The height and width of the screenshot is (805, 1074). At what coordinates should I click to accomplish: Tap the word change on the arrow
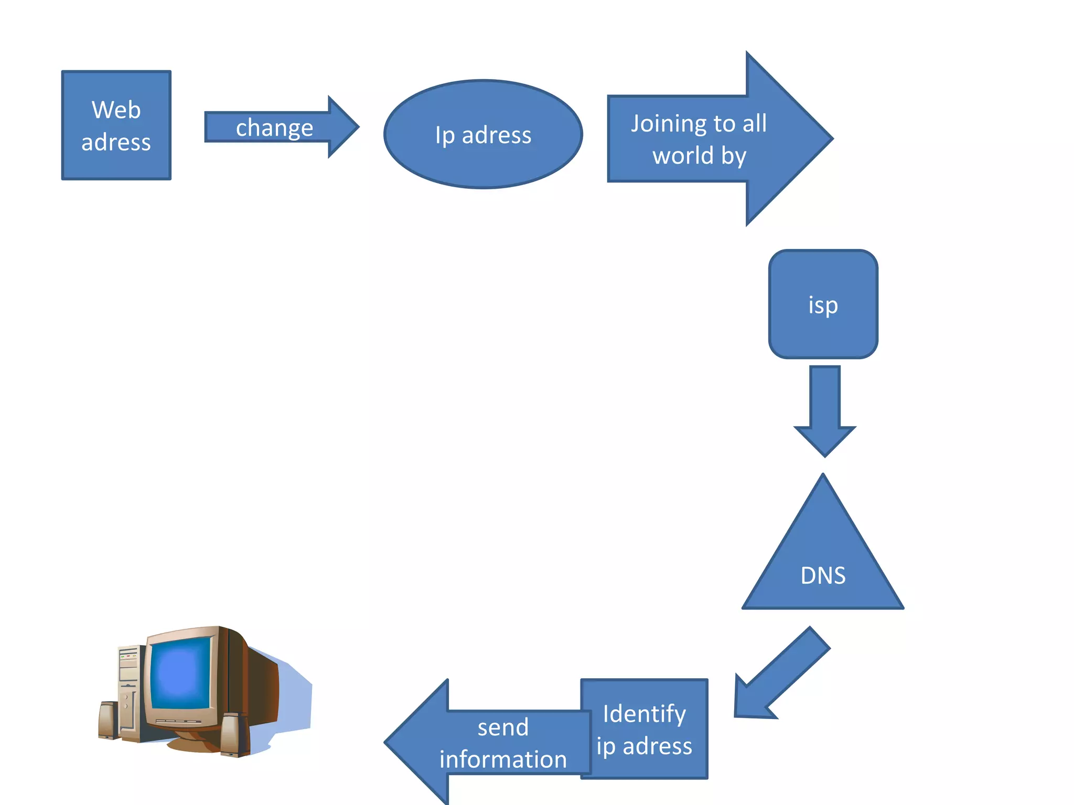click(274, 127)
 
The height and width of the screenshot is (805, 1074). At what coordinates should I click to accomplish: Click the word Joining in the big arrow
click(663, 124)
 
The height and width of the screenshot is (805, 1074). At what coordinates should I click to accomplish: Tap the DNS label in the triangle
click(823, 575)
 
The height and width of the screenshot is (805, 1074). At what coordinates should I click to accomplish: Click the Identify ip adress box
click(644, 729)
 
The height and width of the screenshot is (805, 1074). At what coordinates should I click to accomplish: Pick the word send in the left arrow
click(503, 727)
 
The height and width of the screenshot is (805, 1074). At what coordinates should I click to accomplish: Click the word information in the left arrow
click(503, 759)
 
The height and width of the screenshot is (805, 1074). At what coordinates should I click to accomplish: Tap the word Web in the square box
click(116, 110)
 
